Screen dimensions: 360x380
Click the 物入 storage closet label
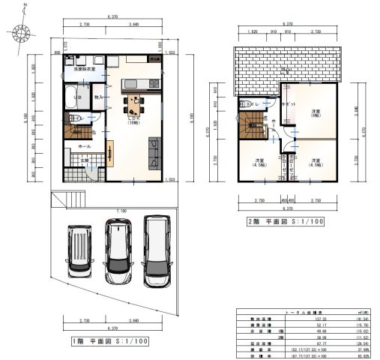98,97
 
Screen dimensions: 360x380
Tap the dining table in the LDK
136,104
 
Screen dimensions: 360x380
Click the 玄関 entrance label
85,160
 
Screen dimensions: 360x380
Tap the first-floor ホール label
83,147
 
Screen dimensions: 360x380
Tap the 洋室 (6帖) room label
316,112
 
